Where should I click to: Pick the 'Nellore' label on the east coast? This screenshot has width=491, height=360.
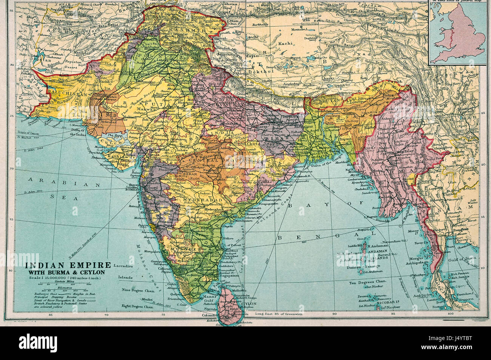228,238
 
